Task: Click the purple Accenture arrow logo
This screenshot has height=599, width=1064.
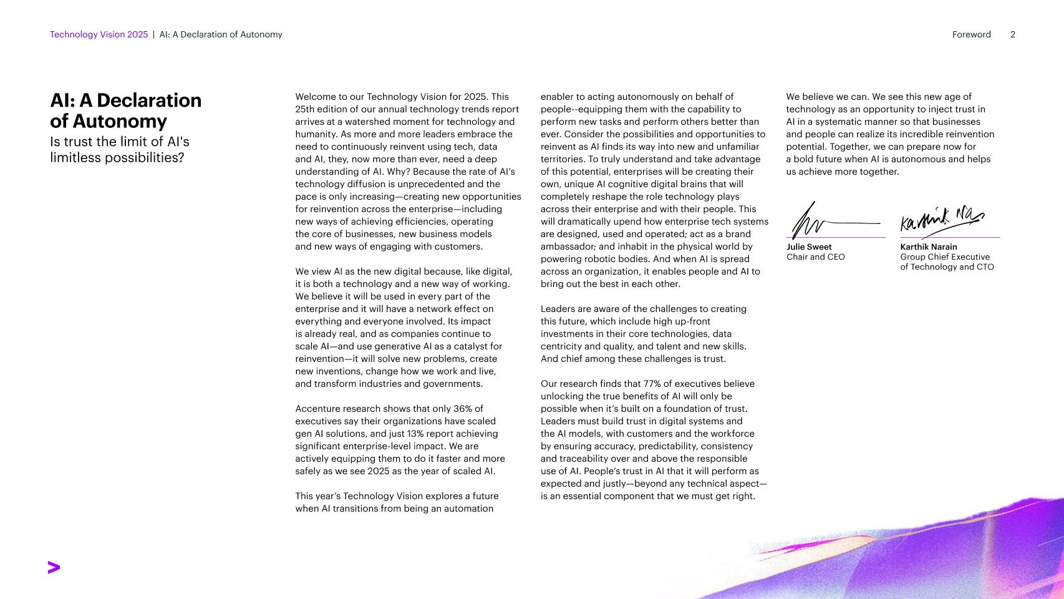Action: (x=54, y=567)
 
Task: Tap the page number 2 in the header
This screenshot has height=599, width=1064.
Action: (x=1012, y=35)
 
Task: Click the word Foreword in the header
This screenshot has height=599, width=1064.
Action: (x=971, y=35)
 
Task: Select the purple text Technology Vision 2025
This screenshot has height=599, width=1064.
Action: (x=99, y=35)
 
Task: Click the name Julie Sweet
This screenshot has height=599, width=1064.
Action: (x=809, y=247)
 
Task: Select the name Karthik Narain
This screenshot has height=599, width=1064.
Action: (x=928, y=247)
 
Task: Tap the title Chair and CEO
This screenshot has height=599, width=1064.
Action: (x=815, y=257)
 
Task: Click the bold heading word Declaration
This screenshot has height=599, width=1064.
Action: (x=149, y=100)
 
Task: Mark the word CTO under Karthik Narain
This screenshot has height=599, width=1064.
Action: (x=985, y=267)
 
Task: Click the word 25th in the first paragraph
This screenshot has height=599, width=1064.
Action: (x=306, y=109)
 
